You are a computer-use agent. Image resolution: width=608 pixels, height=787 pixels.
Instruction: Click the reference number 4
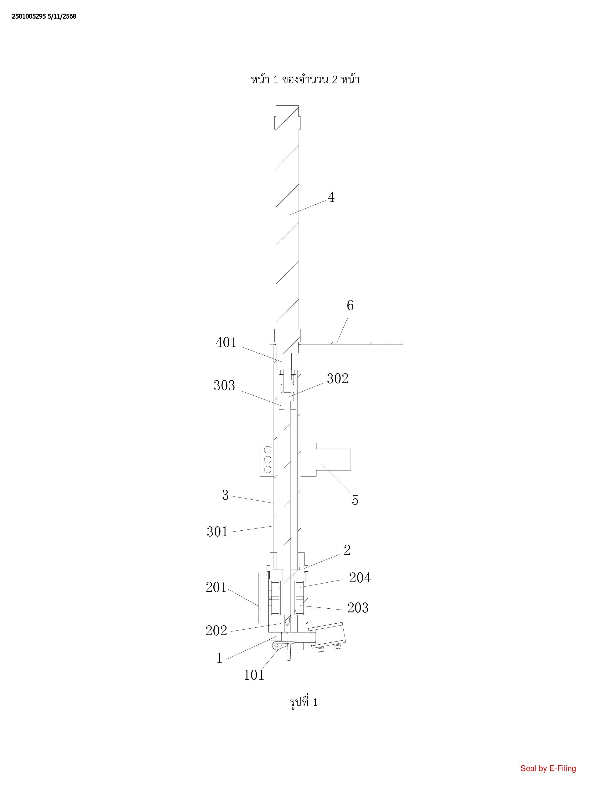pyautogui.click(x=331, y=197)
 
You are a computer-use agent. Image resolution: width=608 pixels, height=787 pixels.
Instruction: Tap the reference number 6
pyautogui.click(x=350, y=305)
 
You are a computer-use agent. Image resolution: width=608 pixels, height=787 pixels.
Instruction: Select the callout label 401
pyautogui.click(x=226, y=342)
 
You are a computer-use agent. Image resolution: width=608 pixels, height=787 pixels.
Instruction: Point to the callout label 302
pyautogui.click(x=337, y=379)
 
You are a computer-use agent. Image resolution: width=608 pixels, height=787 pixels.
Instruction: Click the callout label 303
pyautogui.click(x=224, y=386)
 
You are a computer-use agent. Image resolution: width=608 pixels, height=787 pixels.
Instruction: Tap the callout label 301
pyautogui.click(x=217, y=532)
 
